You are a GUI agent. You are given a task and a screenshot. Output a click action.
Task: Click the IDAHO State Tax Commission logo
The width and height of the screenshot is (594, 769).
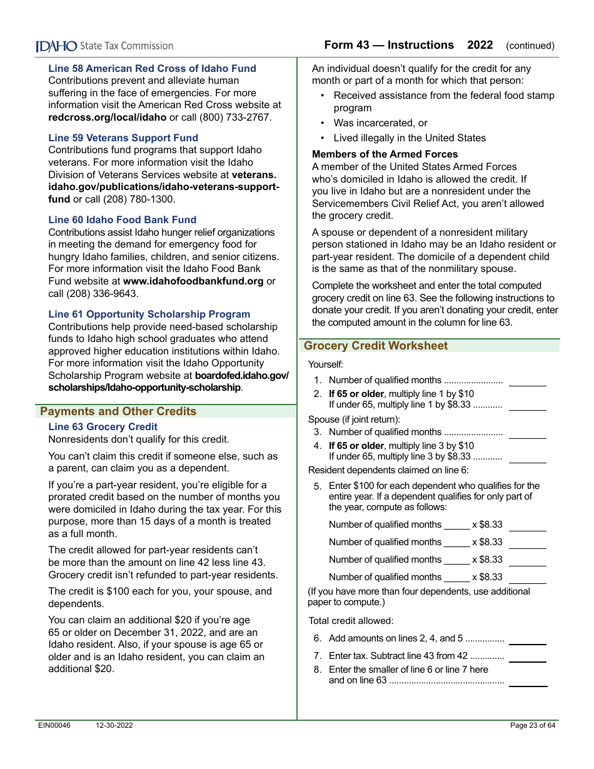coord(104,46)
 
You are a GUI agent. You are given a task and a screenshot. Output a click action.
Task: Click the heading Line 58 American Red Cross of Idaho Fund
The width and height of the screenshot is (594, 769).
coord(152,68)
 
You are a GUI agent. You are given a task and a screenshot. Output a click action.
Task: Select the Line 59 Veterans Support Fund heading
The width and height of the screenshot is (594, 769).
coord(123,138)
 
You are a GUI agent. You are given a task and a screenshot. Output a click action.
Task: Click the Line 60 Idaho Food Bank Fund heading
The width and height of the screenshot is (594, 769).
coord(122,219)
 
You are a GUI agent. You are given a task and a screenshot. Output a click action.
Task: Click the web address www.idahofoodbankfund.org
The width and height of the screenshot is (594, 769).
coord(193,281)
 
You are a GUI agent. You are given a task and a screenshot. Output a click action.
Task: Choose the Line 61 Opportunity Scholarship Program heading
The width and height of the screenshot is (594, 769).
coord(149,314)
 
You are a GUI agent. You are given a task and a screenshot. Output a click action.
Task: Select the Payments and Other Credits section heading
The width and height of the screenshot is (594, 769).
coord(118,411)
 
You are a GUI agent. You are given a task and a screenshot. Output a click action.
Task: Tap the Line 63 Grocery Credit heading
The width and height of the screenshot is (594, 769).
coord(103,426)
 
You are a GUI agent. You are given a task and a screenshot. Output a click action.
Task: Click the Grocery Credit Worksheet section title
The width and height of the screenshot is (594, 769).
coord(376,346)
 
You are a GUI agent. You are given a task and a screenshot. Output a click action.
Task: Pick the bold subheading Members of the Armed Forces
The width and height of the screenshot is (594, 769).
coord(385,154)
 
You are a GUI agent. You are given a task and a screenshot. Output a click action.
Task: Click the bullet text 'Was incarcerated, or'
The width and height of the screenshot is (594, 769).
coord(380,123)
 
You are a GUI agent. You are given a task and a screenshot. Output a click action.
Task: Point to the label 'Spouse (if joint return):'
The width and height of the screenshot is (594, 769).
coord(354,420)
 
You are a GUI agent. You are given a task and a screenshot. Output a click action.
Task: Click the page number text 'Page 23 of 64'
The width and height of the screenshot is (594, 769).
coord(532,725)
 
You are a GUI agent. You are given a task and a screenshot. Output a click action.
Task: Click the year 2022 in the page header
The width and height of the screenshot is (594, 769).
coord(480,45)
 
